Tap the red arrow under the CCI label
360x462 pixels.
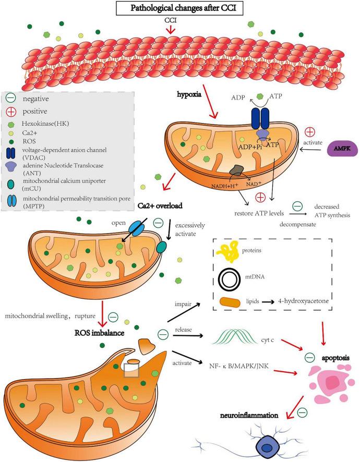coord(171,32)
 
